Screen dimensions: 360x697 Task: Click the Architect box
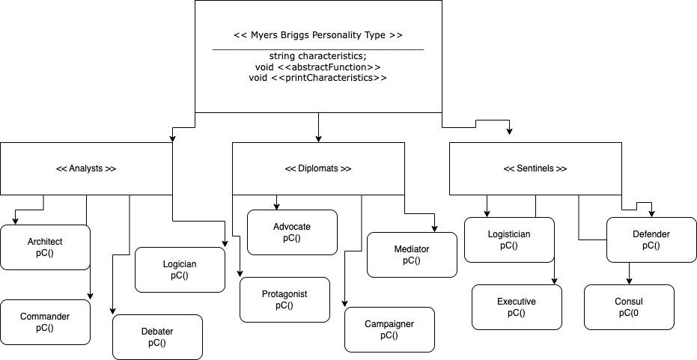click(x=45, y=247)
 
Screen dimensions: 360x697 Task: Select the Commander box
click(x=45, y=322)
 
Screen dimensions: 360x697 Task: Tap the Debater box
click(x=157, y=337)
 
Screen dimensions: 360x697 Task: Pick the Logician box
click(x=180, y=269)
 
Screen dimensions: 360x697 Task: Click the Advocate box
click(x=292, y=232)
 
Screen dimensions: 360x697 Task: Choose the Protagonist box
click(x=284, y=299)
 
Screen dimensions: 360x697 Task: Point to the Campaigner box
click(x=389, y=329)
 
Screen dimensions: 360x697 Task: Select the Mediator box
click(x=412, y=254)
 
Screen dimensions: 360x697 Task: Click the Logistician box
click(x=509, y=240)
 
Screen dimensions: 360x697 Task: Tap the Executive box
click(x=517, y=307)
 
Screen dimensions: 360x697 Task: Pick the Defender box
click(x=651, y=240)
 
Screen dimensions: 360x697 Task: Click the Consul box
click(x=629, y=307)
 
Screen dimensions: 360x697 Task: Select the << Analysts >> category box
click(x=86, y=168)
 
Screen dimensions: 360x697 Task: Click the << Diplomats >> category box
click(x=318, y=168)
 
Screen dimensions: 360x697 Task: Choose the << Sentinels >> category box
click(x=535, y=168)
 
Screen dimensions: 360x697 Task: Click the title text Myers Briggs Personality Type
click(x=318, y=35)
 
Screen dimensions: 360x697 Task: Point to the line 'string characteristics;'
click(x=318, y=56)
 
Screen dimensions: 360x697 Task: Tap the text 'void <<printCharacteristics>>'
click(x=318, y=77)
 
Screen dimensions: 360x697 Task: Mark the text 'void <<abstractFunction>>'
click(x=318, y=67)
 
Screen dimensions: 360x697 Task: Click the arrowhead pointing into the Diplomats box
click(x=319, y=138)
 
